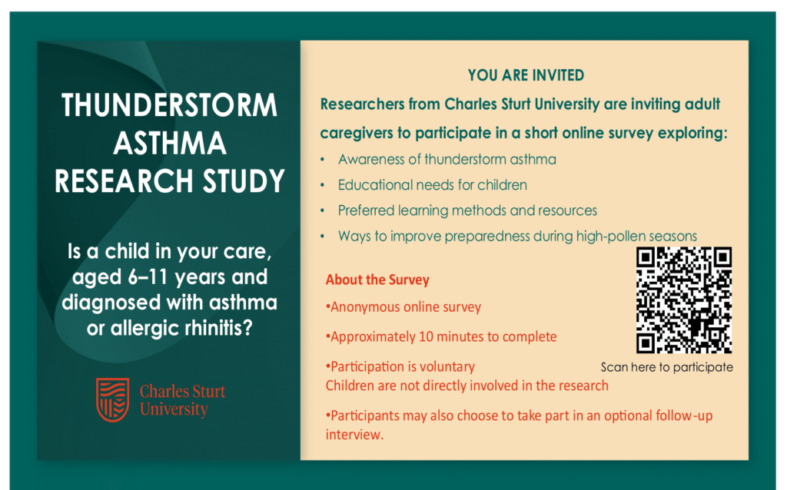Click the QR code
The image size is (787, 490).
pos(683,300)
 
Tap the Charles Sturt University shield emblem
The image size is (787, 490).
pos(112,399)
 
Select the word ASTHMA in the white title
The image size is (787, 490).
pos(170,143)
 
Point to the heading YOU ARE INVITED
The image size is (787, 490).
pos(526,75)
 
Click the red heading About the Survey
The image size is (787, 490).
pos(377,280)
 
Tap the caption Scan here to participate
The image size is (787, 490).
pos(666,367)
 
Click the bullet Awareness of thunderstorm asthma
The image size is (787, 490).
pos(447,160)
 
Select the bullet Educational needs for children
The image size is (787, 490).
pos(432,185)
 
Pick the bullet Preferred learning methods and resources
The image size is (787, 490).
pos(467,210)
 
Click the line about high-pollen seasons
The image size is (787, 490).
pos(517,236)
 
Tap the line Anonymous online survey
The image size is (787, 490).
pos(403,307)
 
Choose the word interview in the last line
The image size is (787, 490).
pos(354,435)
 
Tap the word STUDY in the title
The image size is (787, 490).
pos(244,181)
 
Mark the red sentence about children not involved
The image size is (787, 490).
pos(467,386)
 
